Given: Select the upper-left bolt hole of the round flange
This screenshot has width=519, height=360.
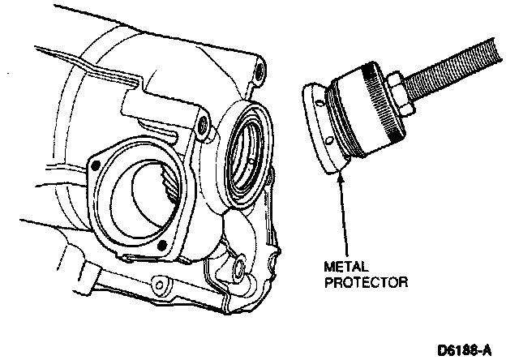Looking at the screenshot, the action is click(x=96, y=165).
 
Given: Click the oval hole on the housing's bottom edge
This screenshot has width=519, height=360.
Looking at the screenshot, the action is click(x=160, y=285).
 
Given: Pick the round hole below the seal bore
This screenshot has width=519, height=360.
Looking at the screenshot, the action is click(x=241, y=264).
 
